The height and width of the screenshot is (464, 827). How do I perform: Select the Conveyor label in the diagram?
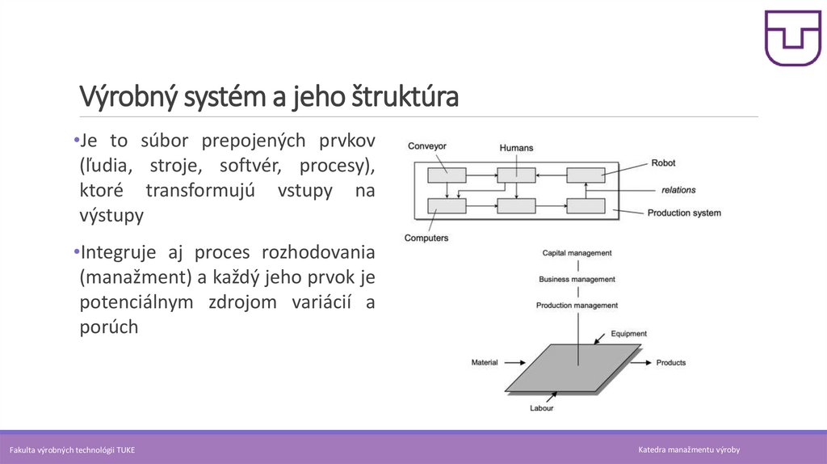click(427, 146)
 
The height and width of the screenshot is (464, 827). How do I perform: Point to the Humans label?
click(516, 148)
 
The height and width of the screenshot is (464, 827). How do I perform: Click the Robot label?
click(663, 162)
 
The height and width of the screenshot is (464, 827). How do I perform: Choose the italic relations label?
click(678, 190)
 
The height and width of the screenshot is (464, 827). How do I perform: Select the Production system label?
click(684, 213)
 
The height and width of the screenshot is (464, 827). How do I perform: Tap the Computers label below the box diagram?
click(426, 238)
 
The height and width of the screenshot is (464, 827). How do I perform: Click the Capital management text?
click(577, 253)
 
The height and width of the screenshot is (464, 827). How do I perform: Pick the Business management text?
click(577, 280)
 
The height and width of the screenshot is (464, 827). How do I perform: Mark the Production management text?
click(577, 306)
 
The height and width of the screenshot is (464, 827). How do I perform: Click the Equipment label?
click(628, 333)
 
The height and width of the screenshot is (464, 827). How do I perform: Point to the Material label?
click(485, 362)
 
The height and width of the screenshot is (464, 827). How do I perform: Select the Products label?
click(670, 363)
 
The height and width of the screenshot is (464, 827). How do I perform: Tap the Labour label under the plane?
click(541, 408)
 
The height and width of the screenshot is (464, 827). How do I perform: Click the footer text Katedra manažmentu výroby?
click(689, 449)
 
